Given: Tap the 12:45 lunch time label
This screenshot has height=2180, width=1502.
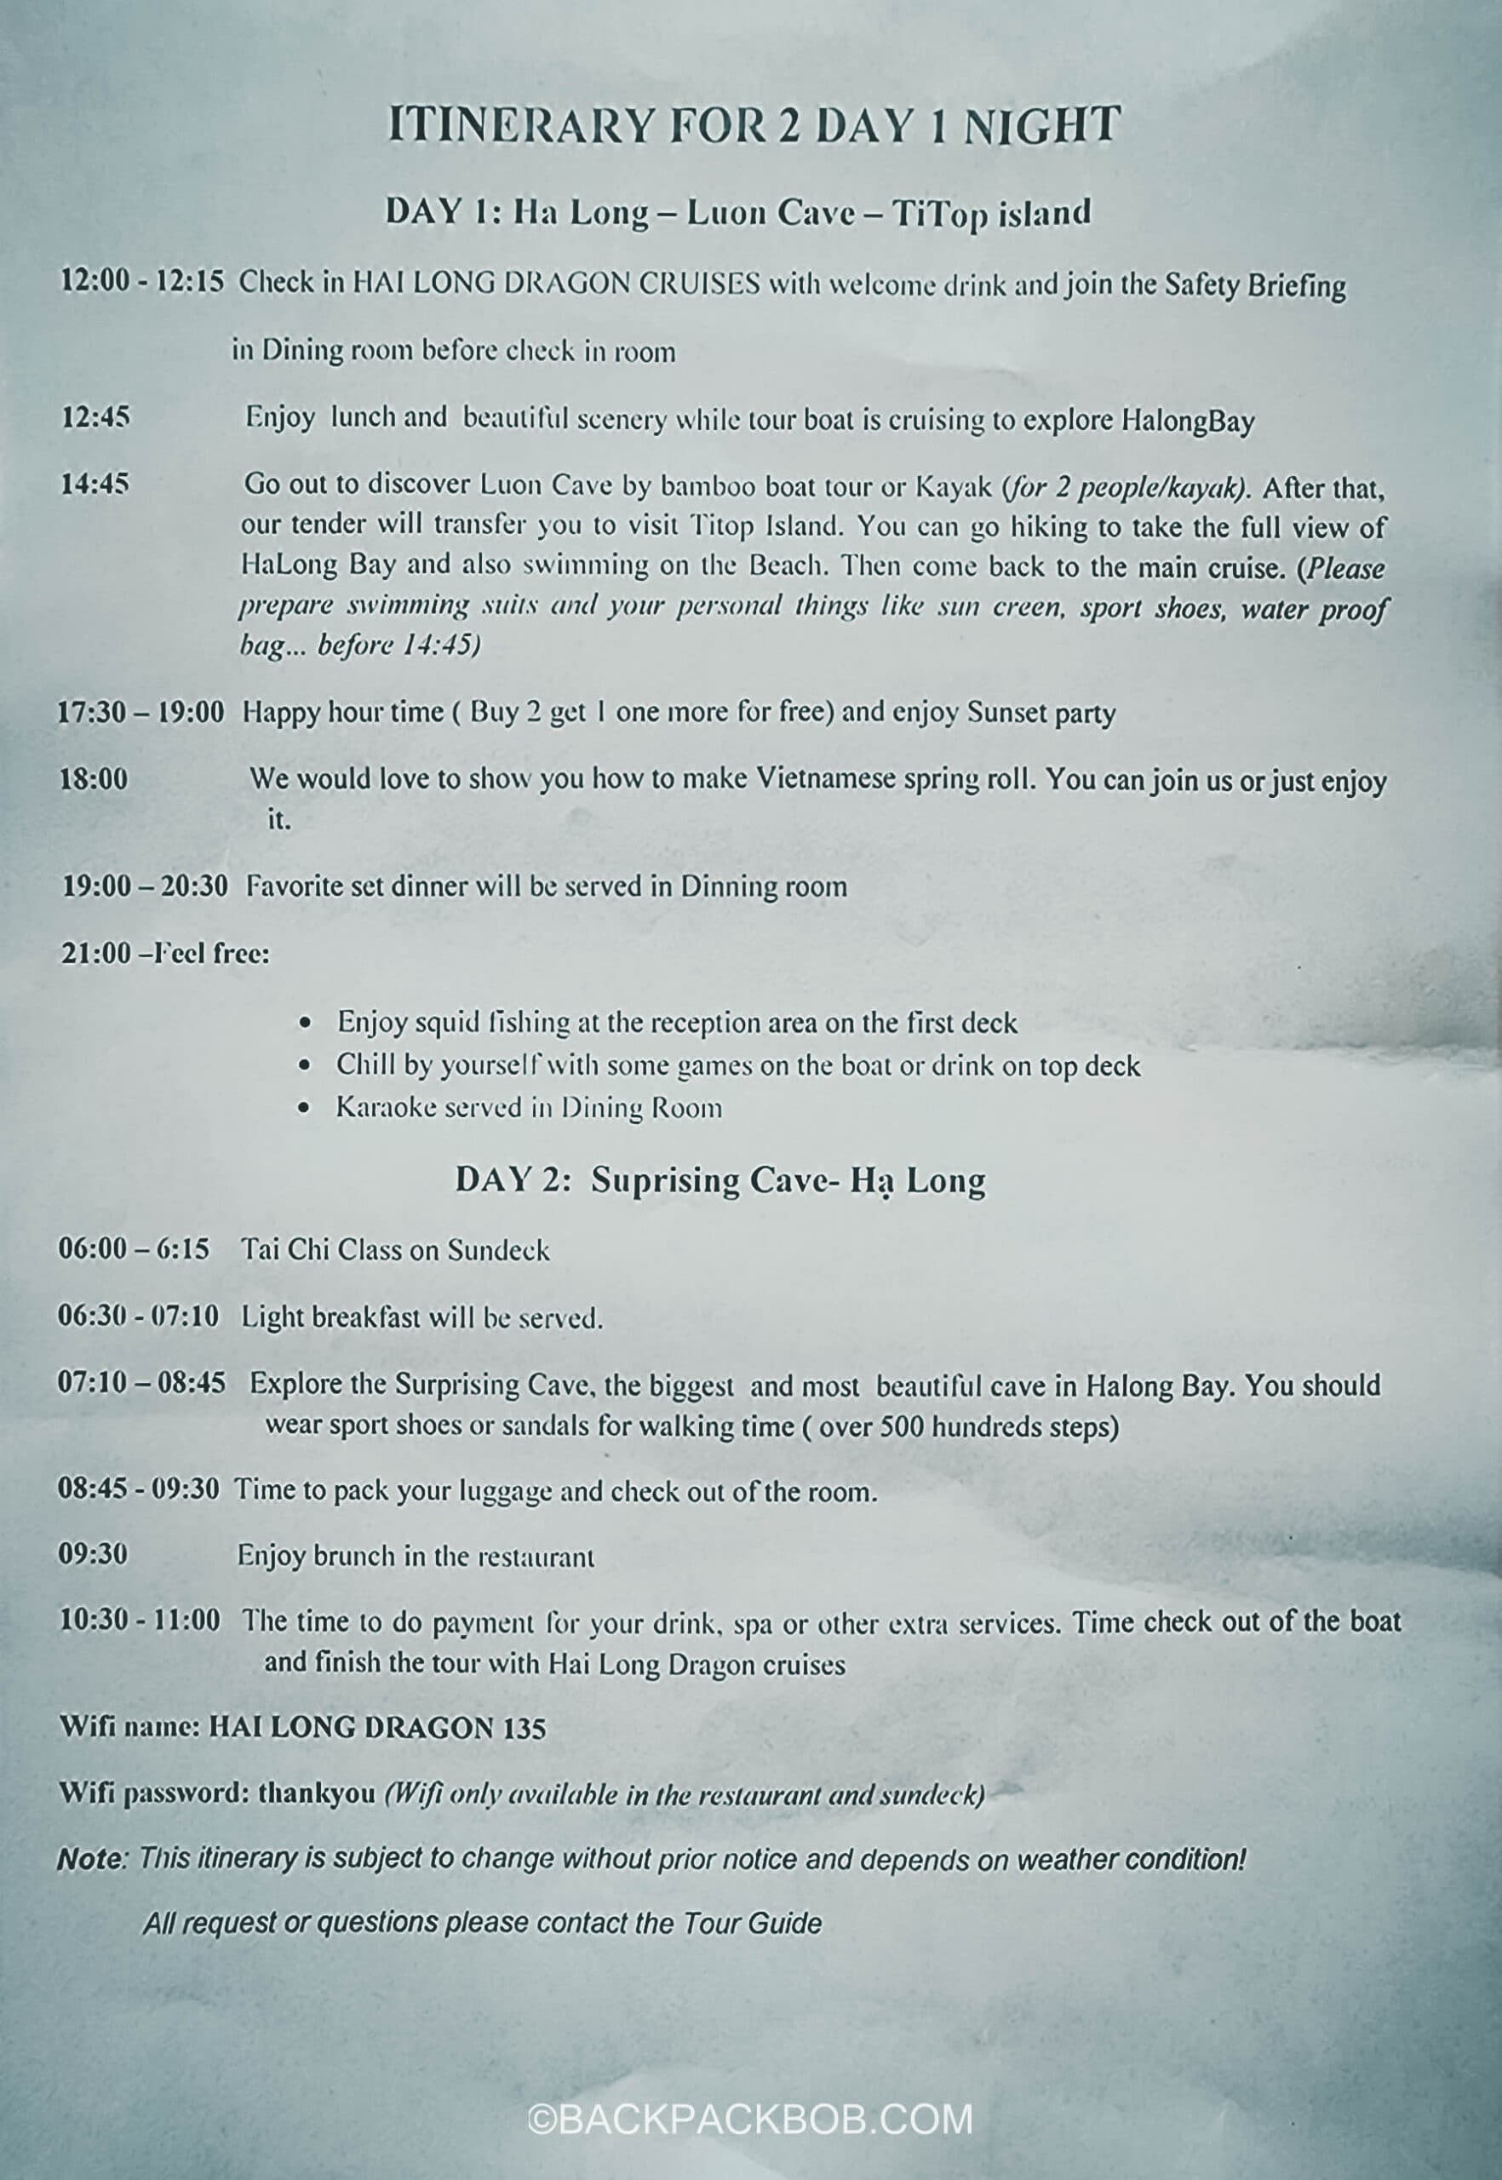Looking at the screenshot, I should [95, 418].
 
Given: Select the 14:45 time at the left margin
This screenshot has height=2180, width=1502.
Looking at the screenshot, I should [95, 485].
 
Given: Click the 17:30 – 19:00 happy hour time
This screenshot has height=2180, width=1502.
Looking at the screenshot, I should [141, 712].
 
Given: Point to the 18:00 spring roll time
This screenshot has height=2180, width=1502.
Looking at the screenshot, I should [95, 779].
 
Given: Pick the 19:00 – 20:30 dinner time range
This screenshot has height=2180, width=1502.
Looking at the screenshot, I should [144, 886].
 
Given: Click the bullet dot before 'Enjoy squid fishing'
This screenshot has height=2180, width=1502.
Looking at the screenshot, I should [304, 1024].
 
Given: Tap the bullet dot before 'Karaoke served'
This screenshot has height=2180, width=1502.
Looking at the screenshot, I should [304, 1109].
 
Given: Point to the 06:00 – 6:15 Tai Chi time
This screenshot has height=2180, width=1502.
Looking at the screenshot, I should [134, 1250].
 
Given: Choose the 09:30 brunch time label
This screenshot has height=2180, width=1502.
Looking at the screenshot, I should [92, 1554].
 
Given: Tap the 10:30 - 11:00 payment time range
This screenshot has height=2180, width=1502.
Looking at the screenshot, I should [140, 1621].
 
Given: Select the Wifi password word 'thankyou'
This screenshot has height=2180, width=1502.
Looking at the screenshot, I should [316, 1793].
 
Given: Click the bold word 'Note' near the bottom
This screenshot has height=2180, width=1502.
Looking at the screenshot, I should [91, 1860].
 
